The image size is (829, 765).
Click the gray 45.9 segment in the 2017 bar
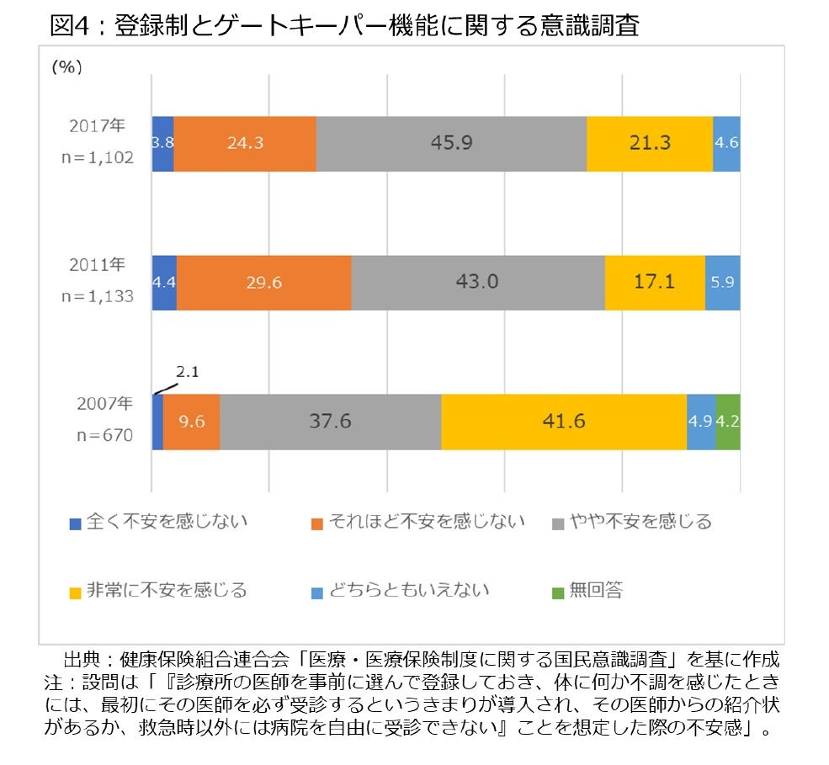[x=451, y=143]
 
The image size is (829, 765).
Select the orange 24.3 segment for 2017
[x=245, y=143]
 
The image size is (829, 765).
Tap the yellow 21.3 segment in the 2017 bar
[x=650, y=143]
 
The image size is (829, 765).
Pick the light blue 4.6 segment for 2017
[x=726, y=143]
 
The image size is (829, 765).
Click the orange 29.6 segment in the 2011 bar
[x=263, y=282]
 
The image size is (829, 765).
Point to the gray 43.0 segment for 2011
[x=477, y=282]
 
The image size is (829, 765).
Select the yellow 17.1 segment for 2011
[x=655, y=282]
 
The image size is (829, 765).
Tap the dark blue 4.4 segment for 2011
[x=163, y=282]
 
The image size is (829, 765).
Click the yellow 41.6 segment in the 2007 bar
[x=564, y=421]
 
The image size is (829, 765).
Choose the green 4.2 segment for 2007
[x=727, y=421]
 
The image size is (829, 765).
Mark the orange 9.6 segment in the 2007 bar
[x=192, y=421]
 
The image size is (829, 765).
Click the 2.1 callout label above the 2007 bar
[x=187, y=372]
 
